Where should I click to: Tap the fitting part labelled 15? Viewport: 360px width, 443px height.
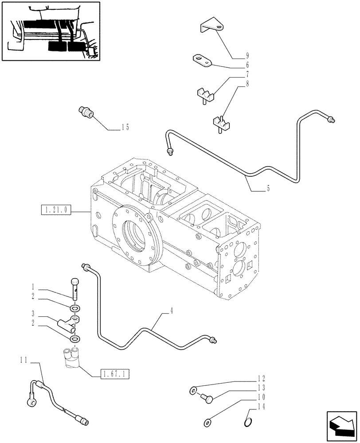tap(86, 112)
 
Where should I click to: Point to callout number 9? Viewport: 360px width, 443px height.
tap(247, 56)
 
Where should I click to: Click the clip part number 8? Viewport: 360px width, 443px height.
tap(222, 123)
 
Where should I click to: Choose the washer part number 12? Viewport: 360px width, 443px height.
tap(194, 390)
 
